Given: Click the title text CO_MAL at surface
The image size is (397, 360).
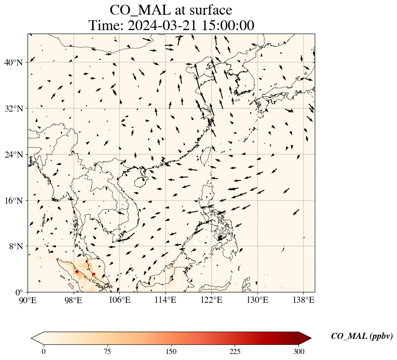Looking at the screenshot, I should pos(171,10).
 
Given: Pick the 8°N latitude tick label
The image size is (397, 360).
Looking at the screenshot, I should pos(15,246).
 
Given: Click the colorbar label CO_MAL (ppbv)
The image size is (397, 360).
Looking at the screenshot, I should pos(362,337).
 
